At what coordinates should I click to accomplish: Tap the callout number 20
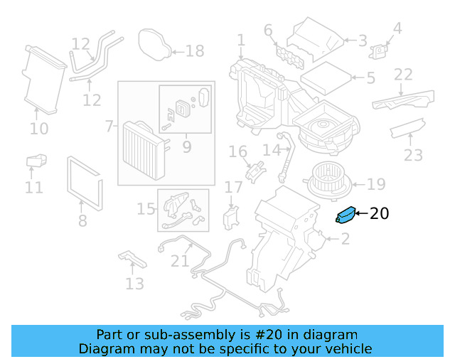380,213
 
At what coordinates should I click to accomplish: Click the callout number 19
376,185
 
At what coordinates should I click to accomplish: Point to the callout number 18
194,50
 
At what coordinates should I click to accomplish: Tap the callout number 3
363,41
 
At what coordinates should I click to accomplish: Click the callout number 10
39,129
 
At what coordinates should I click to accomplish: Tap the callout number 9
187,147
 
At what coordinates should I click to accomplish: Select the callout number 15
146,209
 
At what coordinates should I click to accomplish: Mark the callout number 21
180,261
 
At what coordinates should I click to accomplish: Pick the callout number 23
413,155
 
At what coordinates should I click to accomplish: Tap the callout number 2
346,240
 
